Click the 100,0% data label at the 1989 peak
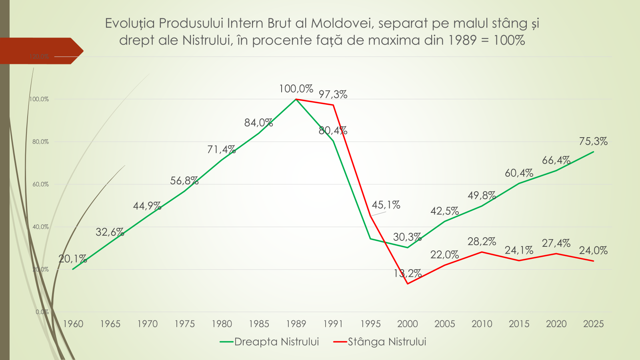pyautogui.click(x=296, y=89)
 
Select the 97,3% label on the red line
pyautogui.click(x=333, y=94)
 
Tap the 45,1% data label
pyautogui.click(x=386, y=205)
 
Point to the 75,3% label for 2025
pyautogui.click(x=593, y=141)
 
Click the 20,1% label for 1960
pyautogui.click(x=72, y=259)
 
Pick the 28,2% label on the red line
pyautogui.click(x=482, y=242)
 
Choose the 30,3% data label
pyautogui.click(x=407, y=237)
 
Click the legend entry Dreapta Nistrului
pyautogui.click(x=276, y=342)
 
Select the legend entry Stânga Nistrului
pyautogui.click(x=387, y=342)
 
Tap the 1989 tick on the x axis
pyautogui.click(x=296, y=324)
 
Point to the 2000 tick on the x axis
pyautogui.click(x=408, y=324)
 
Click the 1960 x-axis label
pyautogui.click(x=73, y=324)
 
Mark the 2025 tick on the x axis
pyautogui.click(x=593, y=324)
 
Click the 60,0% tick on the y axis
pyautogui.click(x=40, y=184)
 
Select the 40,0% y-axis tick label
pyautogui.click(x=40, y=227)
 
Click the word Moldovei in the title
pyautogui.click(x=342, y=23)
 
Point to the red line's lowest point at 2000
pyautogui.click(x=408, y=284)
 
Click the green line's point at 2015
pyautogui.click(x=519, y=184)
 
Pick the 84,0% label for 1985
pyautogui.click(x=258, y=123)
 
